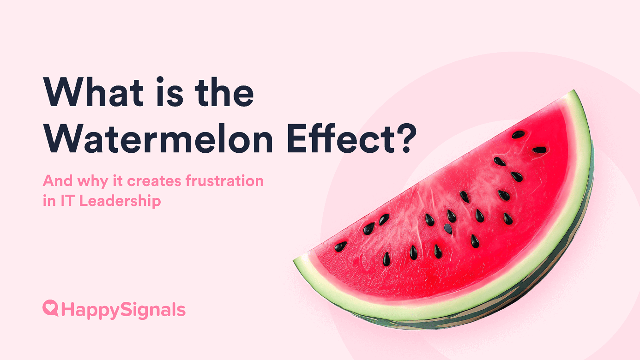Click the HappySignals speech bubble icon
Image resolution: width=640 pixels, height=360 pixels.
(50, 308)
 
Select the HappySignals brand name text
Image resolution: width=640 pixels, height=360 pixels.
(123, 310)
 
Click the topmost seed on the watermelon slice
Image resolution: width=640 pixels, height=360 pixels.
(518, 135)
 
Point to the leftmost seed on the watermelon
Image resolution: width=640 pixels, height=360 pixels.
(341, 246)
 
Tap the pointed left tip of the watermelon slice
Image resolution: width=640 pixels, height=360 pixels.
(296, 262)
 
